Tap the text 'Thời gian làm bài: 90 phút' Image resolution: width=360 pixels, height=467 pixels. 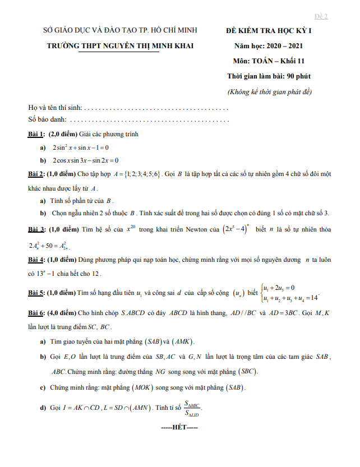269,76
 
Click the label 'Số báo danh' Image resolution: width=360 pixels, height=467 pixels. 47,119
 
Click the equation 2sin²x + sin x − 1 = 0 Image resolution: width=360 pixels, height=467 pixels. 80,147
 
